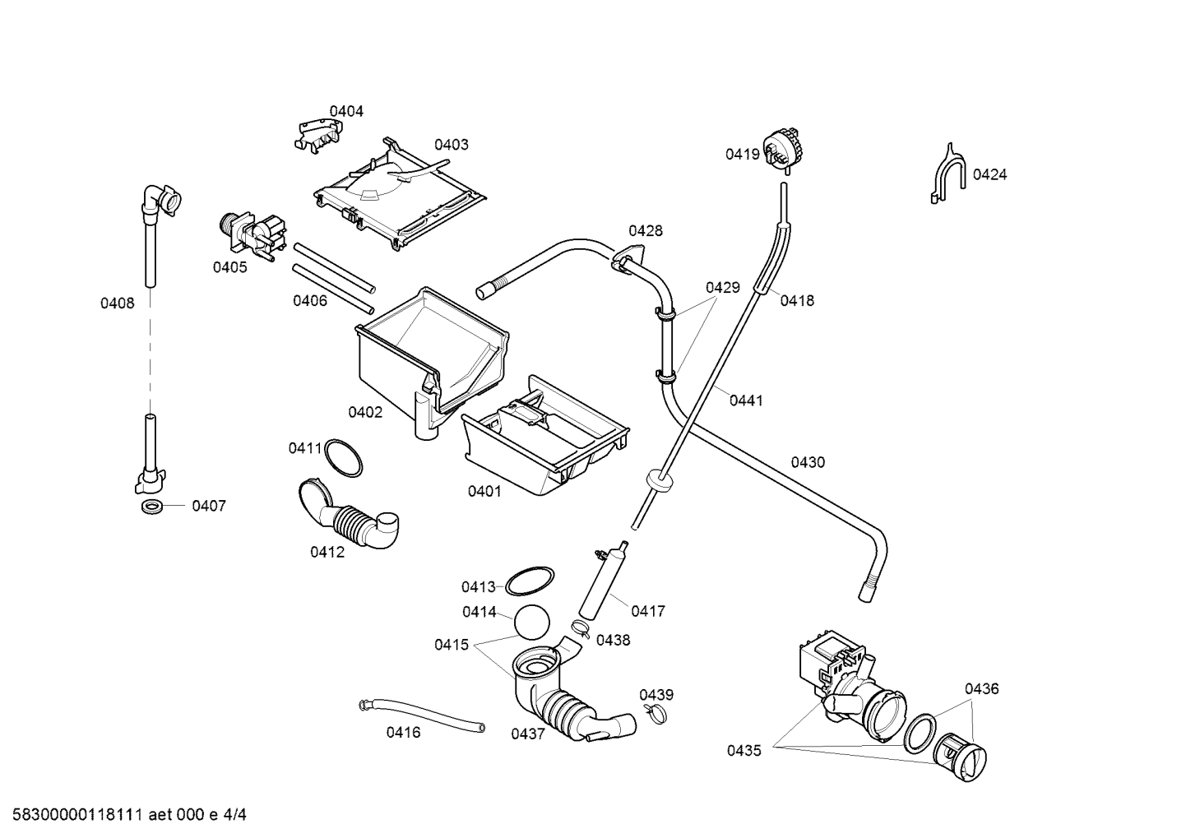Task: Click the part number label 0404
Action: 346,111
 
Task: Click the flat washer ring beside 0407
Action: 152,506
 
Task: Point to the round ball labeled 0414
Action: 532,622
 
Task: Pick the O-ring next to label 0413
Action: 530,581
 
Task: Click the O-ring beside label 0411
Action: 343,457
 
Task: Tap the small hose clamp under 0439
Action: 656,714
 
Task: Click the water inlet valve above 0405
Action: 252,235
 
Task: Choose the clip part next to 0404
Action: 317,136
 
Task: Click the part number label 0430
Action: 808,463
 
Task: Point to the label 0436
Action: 982,688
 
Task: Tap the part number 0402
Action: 365,412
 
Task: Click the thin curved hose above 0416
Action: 421,715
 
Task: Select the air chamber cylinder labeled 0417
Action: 602,581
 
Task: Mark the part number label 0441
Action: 746,400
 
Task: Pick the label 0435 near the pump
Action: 744,751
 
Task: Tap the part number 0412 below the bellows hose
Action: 327,552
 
